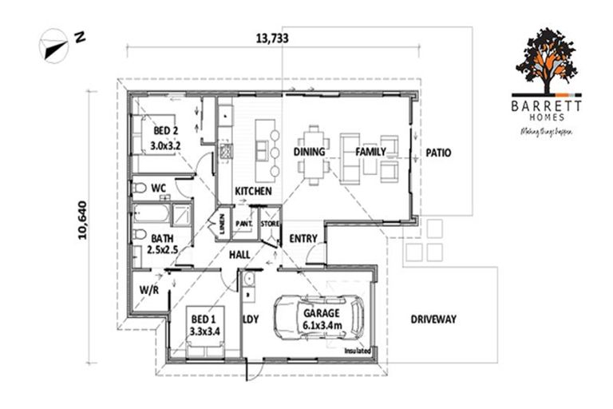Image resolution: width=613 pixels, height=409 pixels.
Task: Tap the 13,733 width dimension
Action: coord(271,37)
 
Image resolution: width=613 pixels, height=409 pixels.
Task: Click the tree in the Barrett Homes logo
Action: coord(548,59)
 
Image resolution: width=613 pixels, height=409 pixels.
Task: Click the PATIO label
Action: coord(440,152)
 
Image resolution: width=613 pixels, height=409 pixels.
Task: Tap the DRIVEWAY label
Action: coord(433,319)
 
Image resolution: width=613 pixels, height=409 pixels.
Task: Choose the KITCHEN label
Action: coord(253,192)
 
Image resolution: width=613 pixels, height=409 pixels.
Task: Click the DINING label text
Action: coord(308,152)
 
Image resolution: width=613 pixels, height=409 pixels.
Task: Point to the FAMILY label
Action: coord(370,152)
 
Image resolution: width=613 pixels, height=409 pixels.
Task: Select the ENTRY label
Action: coord(303,238)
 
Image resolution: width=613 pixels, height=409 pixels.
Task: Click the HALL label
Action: coord(239,254)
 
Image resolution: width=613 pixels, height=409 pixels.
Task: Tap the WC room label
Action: coord(158,188)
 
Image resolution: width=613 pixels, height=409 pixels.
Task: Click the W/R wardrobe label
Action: coord(148,290)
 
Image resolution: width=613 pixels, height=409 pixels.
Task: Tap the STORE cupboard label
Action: coord(269,224)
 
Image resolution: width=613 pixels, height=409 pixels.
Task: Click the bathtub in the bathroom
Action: coord(152,215)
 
